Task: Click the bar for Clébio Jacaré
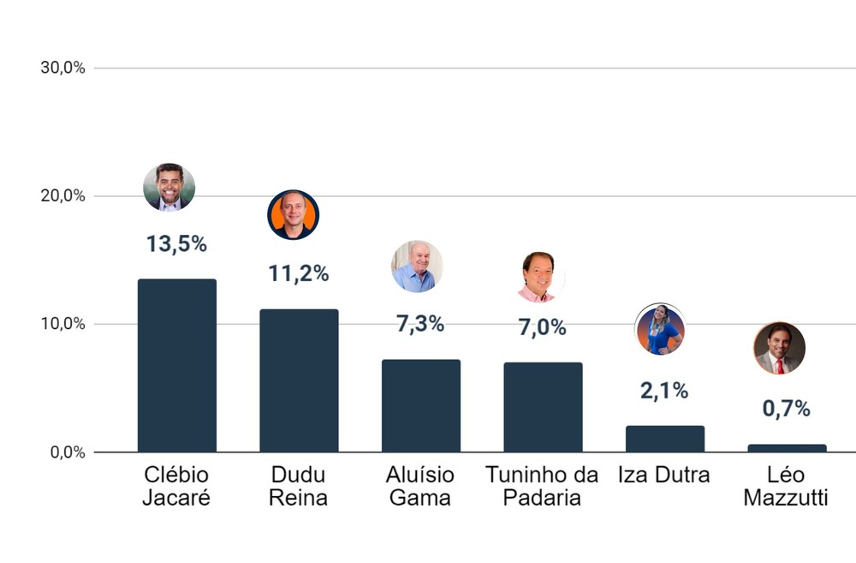177,366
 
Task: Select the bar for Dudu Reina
299,380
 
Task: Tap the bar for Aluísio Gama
421,406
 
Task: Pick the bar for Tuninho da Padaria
543,407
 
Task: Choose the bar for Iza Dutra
665,439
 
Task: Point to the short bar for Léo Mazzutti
787,448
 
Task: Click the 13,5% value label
176,244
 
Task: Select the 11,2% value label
298,274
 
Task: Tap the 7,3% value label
420,325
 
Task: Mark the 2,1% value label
664,391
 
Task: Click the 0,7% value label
787,409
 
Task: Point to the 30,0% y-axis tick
63,69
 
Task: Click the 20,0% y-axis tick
63,196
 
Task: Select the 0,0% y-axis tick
67,452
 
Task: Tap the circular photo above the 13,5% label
169,187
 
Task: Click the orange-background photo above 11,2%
293,214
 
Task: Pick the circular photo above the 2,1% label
660,330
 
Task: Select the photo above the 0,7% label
780,349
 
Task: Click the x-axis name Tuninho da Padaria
542,486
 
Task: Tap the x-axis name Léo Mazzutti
786,486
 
